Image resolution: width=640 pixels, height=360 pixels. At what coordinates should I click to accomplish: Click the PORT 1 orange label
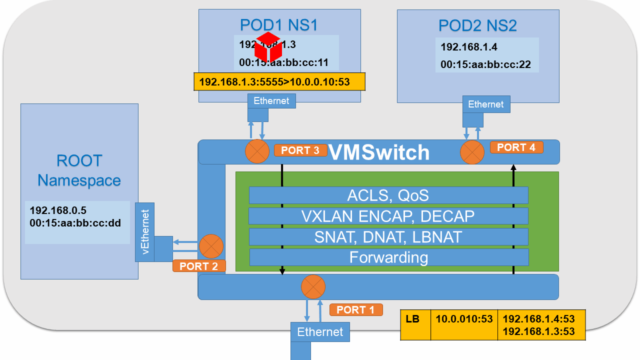[355, 310]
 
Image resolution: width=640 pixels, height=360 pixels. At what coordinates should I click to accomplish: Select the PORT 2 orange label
[198, 266]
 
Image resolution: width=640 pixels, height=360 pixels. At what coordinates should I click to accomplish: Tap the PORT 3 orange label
[300, 150]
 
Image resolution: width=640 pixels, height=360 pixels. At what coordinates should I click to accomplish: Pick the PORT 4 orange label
[516, 147]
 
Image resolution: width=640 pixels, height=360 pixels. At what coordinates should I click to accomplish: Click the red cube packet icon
[268, 47]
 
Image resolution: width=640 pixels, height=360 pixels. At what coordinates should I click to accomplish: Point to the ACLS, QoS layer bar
[388, 195]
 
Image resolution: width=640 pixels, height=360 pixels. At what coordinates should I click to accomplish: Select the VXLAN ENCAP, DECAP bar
[388, 216]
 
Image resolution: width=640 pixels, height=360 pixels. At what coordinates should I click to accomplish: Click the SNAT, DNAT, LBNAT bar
[388, 236]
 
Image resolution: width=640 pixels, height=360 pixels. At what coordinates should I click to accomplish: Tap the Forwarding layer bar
[388, 257]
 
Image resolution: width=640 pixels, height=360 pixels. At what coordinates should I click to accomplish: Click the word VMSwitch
[378, 152]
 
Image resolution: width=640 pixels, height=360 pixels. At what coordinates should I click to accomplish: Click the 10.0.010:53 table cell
[464, 319]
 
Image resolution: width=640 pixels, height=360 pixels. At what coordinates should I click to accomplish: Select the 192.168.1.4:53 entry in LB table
[538, 319]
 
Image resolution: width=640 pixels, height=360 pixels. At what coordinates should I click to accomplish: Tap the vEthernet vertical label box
[145, 232]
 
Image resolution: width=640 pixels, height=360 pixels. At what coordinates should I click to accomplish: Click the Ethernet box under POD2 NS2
[485, 104]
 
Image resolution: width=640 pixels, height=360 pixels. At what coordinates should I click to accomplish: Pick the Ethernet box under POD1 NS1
[271, 101]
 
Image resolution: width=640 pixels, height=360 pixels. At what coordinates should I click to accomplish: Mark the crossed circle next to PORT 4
[472, 152]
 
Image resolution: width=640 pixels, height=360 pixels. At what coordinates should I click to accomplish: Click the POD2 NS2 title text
[477, 25]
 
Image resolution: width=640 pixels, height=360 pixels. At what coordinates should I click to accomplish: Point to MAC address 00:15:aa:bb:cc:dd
[75, 223]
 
